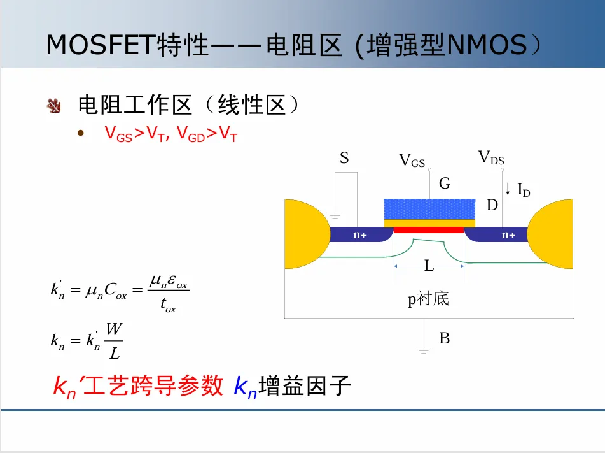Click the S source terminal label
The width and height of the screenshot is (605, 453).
pyautogui.click(x=344, y=158)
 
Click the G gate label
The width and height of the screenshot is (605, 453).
pyautogui.click(x=444, y=184)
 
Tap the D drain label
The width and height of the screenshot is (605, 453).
pyautogui.click(x=492, y=205)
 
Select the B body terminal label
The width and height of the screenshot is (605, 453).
pyautogui.click(x=444, y=338)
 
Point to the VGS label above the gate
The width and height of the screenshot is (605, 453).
pyautogui.click(x=412, y=161)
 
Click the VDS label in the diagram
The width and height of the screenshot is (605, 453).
pyautogui.click(x=491, y=157)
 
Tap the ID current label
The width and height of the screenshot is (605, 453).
pyautogui.click(x=523, y=189)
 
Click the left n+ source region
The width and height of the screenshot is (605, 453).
pyautogui.click(x=360, y=235)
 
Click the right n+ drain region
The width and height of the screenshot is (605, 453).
pyautogui.click(x=508, y=235)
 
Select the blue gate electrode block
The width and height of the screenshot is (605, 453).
pyautogui.click(x=429, y=209)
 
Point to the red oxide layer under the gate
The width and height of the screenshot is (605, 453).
pyautogui.click(x=429, y=229)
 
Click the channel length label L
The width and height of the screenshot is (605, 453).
pyautogui.click(x=429, y=266)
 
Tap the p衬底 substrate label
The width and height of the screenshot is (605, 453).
pyautogui.click(x=428, y=298)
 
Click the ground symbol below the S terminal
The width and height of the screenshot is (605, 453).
pyautogui.click(x=335, y=217)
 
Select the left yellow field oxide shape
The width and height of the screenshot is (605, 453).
pyautogui.click(x=304, y=234)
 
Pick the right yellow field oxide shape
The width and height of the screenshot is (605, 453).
pyautogui.click(x=553, y=234)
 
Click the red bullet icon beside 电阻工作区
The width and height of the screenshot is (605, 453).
pyautogui.click(x=53, y=106)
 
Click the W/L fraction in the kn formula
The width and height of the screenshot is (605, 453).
pyautogui.click(x=114, y=341)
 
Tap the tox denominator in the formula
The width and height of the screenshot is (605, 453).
pyautogui.click(x=168, y=307)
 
